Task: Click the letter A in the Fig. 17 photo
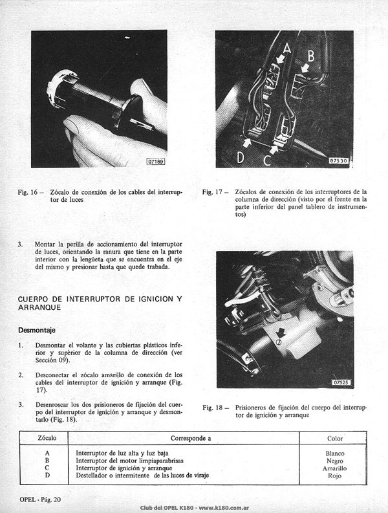[287, 48]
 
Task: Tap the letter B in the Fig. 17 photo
[311, 56]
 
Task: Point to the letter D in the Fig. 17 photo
[241, 157]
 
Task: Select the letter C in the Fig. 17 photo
[267, 160]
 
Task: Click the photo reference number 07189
[156, 161]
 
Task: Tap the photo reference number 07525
[341, 382]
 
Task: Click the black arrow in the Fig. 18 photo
[280, 333]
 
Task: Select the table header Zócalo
[47, 438]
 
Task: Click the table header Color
[335, 439]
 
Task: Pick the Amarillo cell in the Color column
[335, 468]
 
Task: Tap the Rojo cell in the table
[335, 475]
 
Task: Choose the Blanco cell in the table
[335, 453]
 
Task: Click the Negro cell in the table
[335, 461]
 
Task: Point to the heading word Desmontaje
[37, 330]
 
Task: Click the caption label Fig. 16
[28, 192]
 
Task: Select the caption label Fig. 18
[213, 408]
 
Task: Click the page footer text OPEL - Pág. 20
[40, 499]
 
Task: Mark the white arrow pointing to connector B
[305, 69]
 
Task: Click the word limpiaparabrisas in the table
[158, 461]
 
